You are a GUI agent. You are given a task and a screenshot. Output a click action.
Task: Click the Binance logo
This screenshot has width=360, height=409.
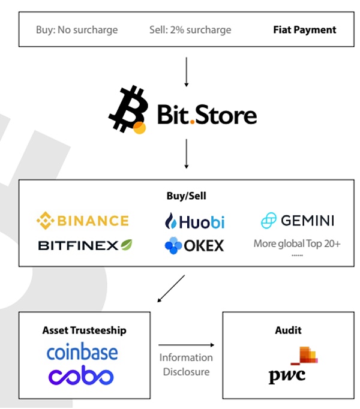tap(82, 221)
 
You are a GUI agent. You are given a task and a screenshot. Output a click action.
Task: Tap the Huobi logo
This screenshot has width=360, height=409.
tap(194, 222)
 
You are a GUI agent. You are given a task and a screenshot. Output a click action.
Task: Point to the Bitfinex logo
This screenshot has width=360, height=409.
tap(85, 245)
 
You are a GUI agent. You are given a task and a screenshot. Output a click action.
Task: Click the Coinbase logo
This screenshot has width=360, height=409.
tap(82, 352)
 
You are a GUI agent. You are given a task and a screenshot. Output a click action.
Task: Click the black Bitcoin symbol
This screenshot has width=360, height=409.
tap(127, 110)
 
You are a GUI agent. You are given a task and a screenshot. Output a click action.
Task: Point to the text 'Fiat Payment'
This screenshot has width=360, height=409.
tap(305, 29)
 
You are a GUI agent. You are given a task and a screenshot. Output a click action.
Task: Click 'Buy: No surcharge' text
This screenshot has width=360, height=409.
tap(77, 29)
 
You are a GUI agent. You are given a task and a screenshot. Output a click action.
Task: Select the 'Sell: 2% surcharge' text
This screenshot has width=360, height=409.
tap(190, 29)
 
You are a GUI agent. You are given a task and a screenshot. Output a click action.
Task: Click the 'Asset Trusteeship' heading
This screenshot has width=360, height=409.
tap(84, 330)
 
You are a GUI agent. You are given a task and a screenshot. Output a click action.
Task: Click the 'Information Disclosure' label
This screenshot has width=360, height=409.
tap(186, 365)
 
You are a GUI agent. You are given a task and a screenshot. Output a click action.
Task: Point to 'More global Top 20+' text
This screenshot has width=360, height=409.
tap(297, 244)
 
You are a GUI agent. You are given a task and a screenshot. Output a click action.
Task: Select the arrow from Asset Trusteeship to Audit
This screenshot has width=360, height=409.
tap(186, 345)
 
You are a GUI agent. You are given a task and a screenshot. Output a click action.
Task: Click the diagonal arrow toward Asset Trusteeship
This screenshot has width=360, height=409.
tap(170, 288)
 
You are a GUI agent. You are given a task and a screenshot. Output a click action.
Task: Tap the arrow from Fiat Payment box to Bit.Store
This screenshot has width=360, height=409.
tap(187, 71)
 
